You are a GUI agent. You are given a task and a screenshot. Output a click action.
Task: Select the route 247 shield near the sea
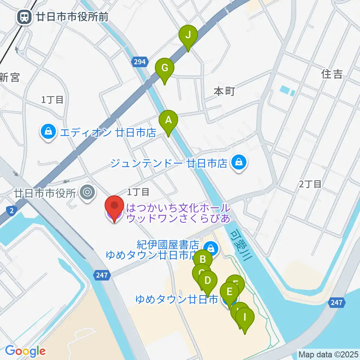pos(336,302)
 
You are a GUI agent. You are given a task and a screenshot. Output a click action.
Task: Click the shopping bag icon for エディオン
pos(48,132)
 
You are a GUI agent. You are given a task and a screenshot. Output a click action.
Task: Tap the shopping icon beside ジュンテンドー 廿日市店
pos(238,163)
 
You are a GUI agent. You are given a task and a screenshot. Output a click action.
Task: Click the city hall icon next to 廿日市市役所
pos(88,193)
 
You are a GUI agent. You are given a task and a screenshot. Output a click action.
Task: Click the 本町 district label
pos(224,91)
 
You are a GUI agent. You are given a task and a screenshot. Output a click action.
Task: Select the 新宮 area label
pos(9,78)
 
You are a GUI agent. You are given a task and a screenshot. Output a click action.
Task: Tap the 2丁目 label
pos(310,184)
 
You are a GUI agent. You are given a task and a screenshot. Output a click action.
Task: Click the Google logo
pos(25,351)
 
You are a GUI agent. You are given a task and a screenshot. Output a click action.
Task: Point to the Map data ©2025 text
pos(328,354)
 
